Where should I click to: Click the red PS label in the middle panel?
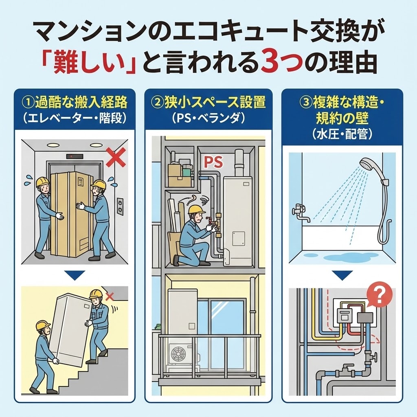(x=213, y=162)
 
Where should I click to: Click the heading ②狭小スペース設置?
(x=208, y=102)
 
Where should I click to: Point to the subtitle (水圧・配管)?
(x=342, y=134)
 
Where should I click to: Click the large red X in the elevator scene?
(x=115, y=158)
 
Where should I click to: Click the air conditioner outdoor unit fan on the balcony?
(x=178, y=354)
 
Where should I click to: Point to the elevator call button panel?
(x=120, y=206)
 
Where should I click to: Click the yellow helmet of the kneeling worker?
(x=196, y=209)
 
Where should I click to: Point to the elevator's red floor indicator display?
(x=75, y=156)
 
